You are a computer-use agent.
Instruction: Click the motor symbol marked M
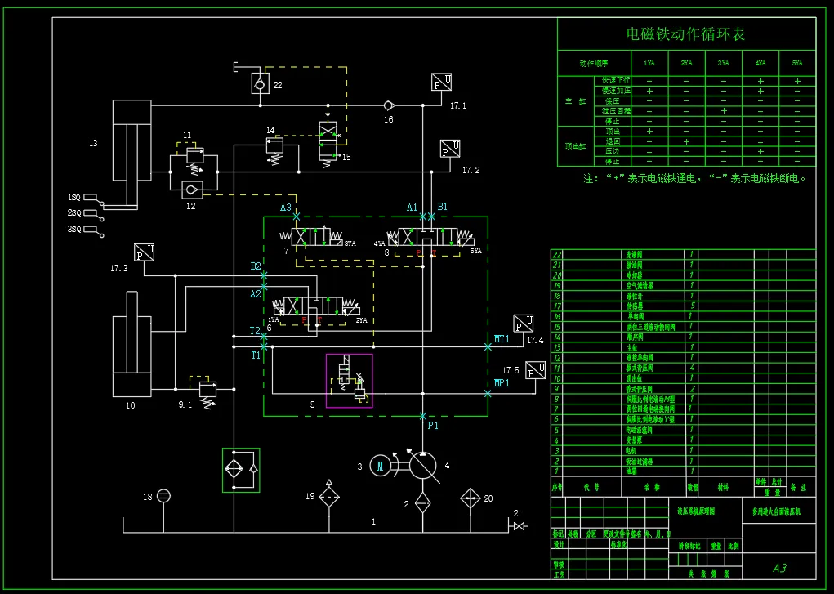point(380,466)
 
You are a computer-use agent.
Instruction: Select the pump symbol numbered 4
point(422,465)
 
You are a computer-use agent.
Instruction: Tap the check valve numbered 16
point(389,105)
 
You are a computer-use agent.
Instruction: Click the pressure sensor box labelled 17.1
point(442,83)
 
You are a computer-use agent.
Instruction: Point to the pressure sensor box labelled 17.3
point(145,252)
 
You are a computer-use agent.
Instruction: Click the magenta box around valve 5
point(349,380)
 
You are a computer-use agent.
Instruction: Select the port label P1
point(433,426)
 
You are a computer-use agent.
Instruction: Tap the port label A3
point(286,208)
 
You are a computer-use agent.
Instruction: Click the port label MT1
point(502,338)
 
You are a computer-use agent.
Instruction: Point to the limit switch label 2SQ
point(74,212)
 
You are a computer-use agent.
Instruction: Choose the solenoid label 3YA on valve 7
point(350,244)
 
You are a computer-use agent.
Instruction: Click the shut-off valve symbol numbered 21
point(518,525)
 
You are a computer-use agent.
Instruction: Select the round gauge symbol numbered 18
point(163,495)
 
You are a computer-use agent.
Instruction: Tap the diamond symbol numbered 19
point(329,495)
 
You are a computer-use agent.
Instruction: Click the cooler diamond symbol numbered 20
point(471,498)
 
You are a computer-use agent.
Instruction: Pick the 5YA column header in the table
point(796,63)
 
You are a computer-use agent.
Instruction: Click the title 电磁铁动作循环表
point(685,34)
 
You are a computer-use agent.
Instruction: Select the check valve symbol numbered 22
point(260,83)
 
